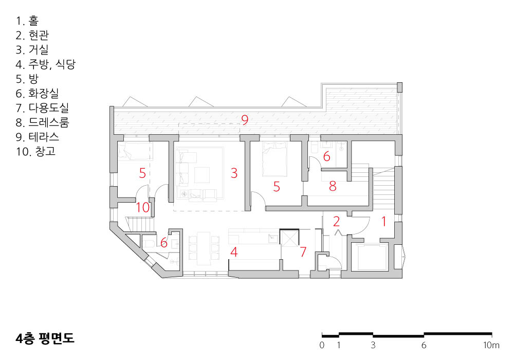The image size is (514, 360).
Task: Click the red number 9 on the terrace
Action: coord(245,120)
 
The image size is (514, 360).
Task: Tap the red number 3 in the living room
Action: coord(234,173)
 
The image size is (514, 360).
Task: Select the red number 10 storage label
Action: coord(143,207)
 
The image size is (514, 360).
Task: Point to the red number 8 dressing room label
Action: coord(333,186)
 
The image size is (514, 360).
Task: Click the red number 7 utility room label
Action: coord(303,252)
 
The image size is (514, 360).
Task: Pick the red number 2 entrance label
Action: coord(336,222)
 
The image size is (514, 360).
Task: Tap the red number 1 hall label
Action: coord(383,222)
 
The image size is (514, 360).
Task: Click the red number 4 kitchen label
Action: coord(234,252)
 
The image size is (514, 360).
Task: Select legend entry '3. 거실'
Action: coord(32,49)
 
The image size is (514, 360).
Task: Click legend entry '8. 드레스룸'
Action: coord(42,122)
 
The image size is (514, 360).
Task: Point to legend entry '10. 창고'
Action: coord(36,152)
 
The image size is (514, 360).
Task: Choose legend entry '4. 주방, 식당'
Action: coord(46,64)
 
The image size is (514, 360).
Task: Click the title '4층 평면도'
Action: coord(45,338)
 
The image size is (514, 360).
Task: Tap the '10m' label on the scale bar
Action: coord(491,345)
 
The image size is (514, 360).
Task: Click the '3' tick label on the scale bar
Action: coord(373,345)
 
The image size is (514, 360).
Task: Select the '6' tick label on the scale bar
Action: coord(424,345)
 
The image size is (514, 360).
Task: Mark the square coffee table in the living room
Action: coord(202,175)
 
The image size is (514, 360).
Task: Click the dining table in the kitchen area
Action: coord(204,248)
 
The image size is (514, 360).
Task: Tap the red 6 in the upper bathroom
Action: coord(326,156)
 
